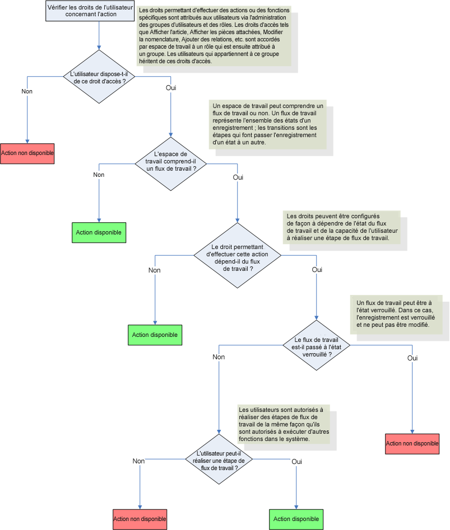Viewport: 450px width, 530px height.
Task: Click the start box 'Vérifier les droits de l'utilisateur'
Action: click(90, 11)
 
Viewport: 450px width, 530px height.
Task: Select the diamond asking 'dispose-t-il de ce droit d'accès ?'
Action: click(99, 77)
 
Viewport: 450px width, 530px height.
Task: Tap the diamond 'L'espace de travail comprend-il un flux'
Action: click(170, 162)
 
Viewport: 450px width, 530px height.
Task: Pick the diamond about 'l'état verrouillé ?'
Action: click(317, 345)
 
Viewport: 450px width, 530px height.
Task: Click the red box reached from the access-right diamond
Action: click(27, 153)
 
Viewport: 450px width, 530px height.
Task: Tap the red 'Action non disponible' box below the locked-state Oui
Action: click(412, 443)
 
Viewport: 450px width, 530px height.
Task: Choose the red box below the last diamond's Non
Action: click(140, 519)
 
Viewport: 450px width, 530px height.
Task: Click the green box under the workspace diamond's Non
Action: click(99, 232)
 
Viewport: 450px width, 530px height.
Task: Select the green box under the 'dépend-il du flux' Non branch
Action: click(155, 335)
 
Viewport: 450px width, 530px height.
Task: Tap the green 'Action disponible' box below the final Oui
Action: click(296, 519)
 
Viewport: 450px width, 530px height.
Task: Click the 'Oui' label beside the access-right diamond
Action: click(171, 88)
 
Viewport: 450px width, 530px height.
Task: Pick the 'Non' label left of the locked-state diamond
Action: click(219, 357)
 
